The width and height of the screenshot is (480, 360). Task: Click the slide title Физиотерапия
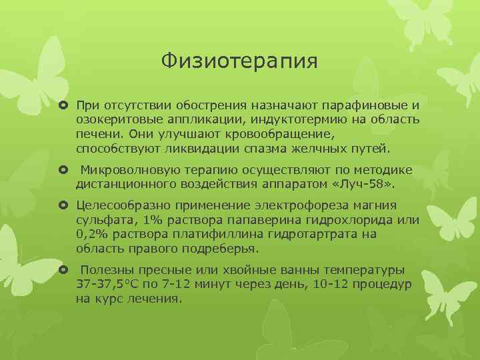pos(239,61)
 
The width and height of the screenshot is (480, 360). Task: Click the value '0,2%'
pos(93,234)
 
